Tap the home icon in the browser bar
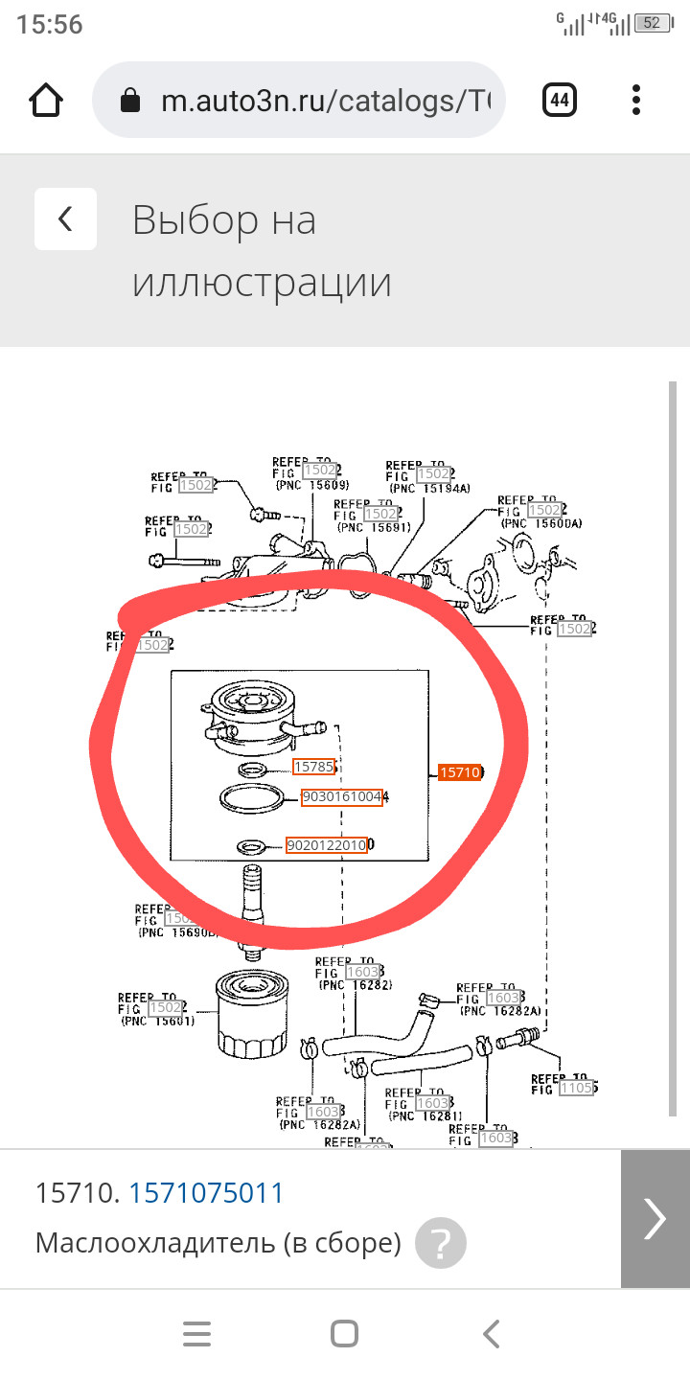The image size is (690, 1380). pos(47,100)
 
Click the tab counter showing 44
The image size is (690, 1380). pos(559,100)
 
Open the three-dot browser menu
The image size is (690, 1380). pos(636,100)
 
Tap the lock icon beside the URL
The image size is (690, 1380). pos(131,101)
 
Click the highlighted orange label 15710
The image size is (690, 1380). pos(459,772)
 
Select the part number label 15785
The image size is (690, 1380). pos(314,767)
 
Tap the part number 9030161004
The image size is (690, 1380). pos(342,797)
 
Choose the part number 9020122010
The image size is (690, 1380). pos(327,845)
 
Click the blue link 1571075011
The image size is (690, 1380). pos(207,1193)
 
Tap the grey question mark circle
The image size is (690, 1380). pos(441,1244)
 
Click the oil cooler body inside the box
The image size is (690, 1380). pos(254,719)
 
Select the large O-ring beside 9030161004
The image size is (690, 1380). pos(252,798)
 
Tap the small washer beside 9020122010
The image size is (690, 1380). pos(252,846)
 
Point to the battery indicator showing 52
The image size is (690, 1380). pos(652,23)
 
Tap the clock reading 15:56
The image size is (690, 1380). pos(50,25)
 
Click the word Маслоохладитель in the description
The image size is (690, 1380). pos(155,1243)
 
